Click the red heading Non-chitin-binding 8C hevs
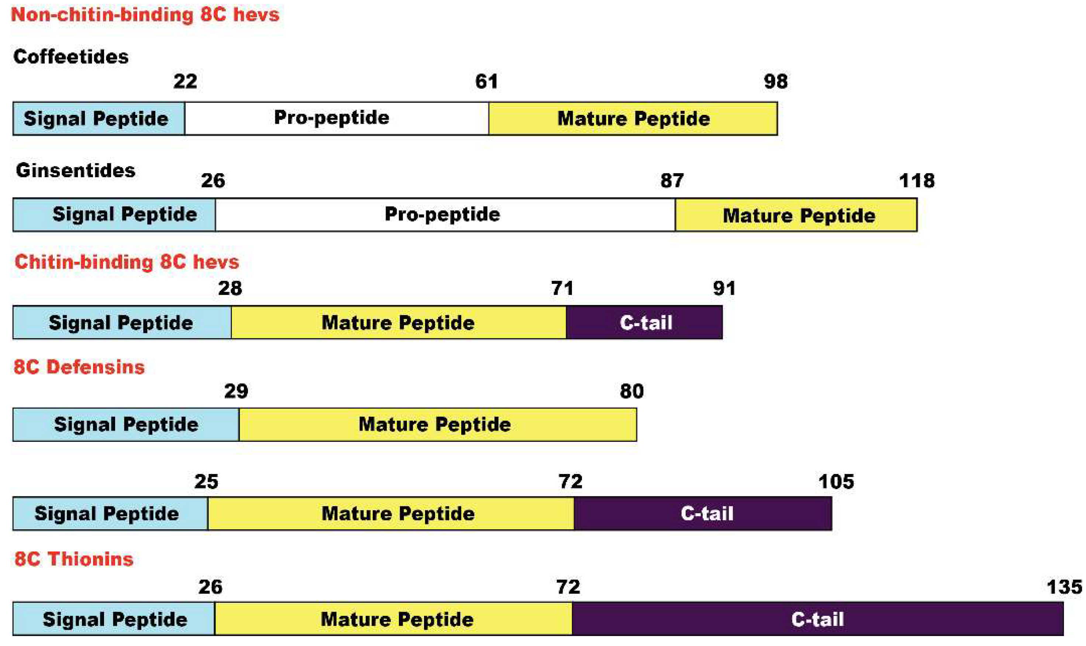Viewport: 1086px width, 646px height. click(x=145, y=15)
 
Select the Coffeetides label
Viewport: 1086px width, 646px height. click(x=71, y=56)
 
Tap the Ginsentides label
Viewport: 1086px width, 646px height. click(x=75, y=170)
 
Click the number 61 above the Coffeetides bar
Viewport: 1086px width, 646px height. click(x=486, y=82)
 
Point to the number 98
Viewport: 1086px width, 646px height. click(x=775, y=82)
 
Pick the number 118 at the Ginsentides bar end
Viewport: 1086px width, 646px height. click(x=916, y=181)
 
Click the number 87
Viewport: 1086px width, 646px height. click(x=672, y=181)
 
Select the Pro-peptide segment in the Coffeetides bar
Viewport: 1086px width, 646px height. click(x=336, y=118)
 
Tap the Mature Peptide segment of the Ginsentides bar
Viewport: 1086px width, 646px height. click(x=796, y=215)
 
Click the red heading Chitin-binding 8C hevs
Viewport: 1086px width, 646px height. click(x=127, y=262)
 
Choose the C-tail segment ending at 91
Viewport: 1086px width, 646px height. click(x=644, y=323)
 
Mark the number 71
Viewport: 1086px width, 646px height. click(x=562, y=288)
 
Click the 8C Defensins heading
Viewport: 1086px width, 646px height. click(x=79, y=367)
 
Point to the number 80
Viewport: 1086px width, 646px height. click(x=631, y=391)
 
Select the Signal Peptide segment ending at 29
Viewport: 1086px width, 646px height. click(x=126, y=425)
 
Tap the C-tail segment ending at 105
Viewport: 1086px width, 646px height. click(x=703, y=514)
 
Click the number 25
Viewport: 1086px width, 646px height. click(x=206, y=482)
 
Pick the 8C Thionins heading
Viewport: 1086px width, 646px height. click(x=73, y=559)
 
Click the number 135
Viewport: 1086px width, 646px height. click(x=1064, y=587)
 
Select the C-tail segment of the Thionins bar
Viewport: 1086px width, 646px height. click(x=817, y=619)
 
